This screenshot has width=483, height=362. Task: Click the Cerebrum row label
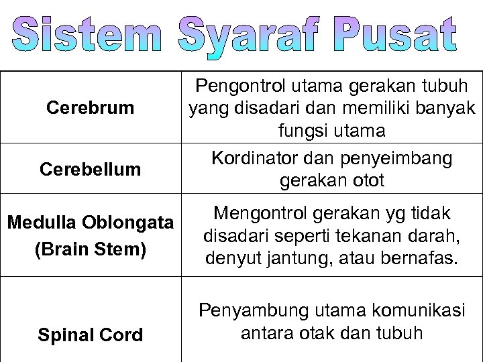click(91, 107)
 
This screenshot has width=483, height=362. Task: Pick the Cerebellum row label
click(91, 169)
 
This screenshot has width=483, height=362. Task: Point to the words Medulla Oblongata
click(91, 223)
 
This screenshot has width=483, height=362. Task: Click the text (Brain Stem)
click(91, 249)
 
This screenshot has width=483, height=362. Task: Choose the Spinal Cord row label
click(91, 335)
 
